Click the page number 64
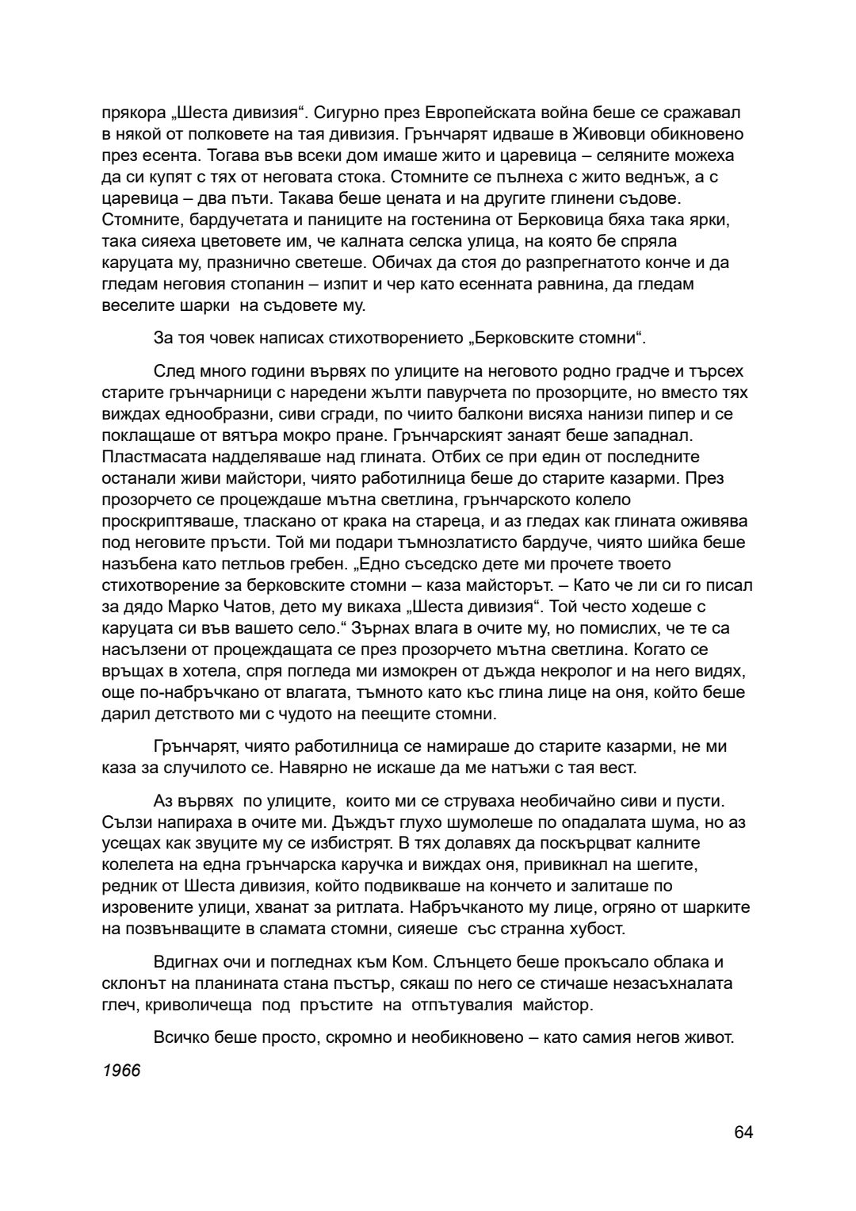pyautogui.click(x=743, y=1132)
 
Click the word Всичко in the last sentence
pyautogui.click(x=181, y=1037)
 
